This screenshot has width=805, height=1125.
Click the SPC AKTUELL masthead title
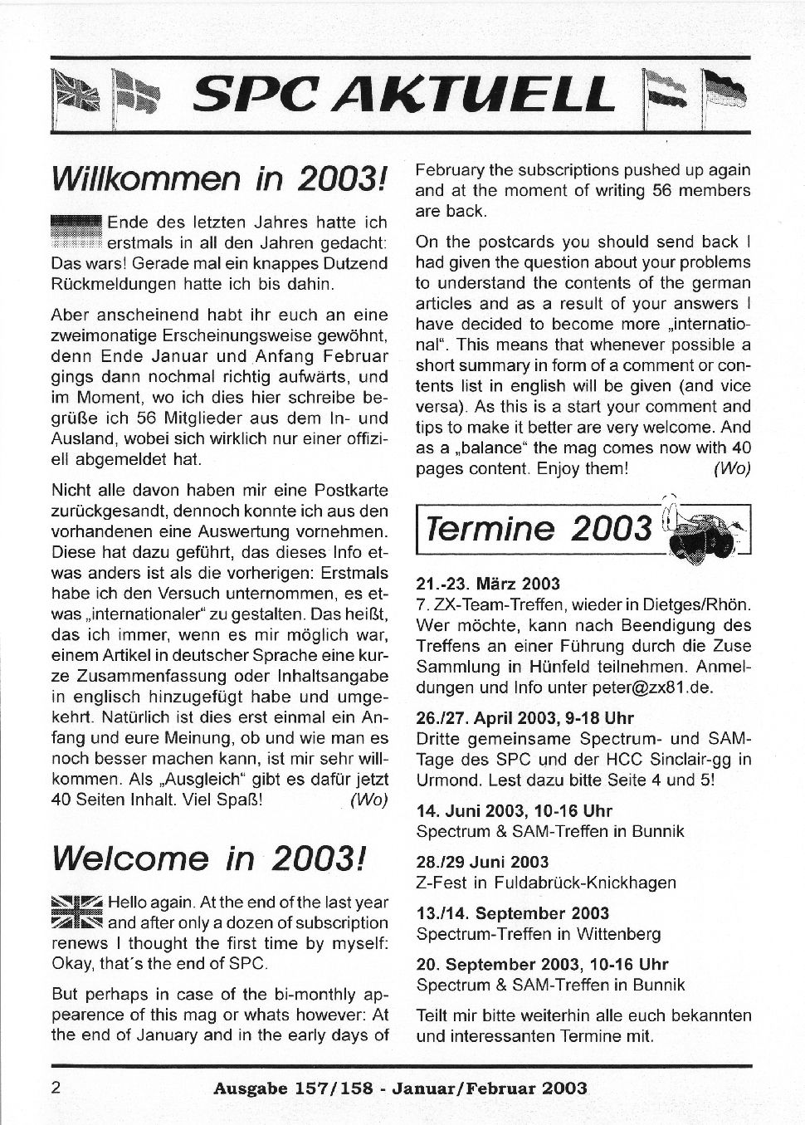[x=402, y=94]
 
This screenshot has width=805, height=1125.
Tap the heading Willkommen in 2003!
[x=219, y=178]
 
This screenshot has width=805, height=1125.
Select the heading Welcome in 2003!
[x=207, y=858]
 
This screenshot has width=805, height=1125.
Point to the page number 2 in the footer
[x=56, y=1088]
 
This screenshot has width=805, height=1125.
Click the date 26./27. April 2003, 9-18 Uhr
[x=524, y=717]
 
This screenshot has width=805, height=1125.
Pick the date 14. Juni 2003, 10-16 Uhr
[x=514, y=810]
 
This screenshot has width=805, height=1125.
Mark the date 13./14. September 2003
[x=512, y=913]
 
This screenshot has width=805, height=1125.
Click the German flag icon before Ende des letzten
[x=76, y=232]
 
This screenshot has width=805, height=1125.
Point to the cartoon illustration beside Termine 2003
[x=706, y=532]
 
